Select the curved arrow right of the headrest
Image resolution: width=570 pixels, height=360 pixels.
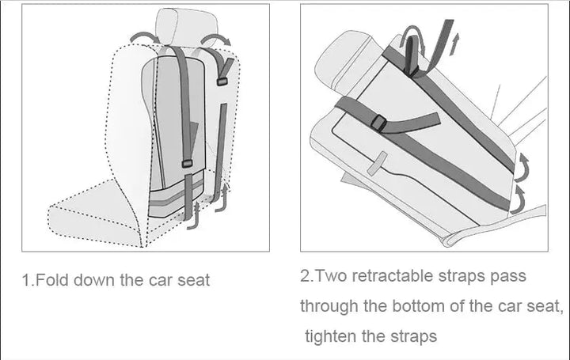tap(215, 39)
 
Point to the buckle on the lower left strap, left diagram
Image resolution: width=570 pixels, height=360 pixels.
tap(188, 164)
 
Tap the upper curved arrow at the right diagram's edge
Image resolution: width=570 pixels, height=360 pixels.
tap(523, 166)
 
